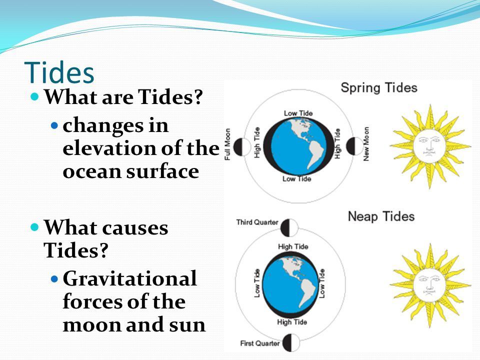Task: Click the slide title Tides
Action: (x=59, y=72)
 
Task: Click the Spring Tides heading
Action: (x=379, y=88)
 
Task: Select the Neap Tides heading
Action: (x=381, y=216)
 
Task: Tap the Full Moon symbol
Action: (x=242, y=146)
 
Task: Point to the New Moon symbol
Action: (x=354, y=146)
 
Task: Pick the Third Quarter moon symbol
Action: (x=289, y=228)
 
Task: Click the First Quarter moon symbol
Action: (x=291, y=342)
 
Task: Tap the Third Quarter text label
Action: (x=257, y=222)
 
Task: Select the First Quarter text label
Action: (x=260, y=343)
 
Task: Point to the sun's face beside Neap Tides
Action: (x=429, y=285)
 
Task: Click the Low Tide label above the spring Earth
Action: (x=298, y=113)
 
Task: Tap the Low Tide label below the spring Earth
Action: (x=296, y=179)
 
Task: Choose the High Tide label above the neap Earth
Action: (x=293, y=246)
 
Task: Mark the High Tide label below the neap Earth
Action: (x=292, y=322)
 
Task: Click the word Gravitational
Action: (x=130, y=278)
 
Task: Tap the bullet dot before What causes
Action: (x=35, y=227)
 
